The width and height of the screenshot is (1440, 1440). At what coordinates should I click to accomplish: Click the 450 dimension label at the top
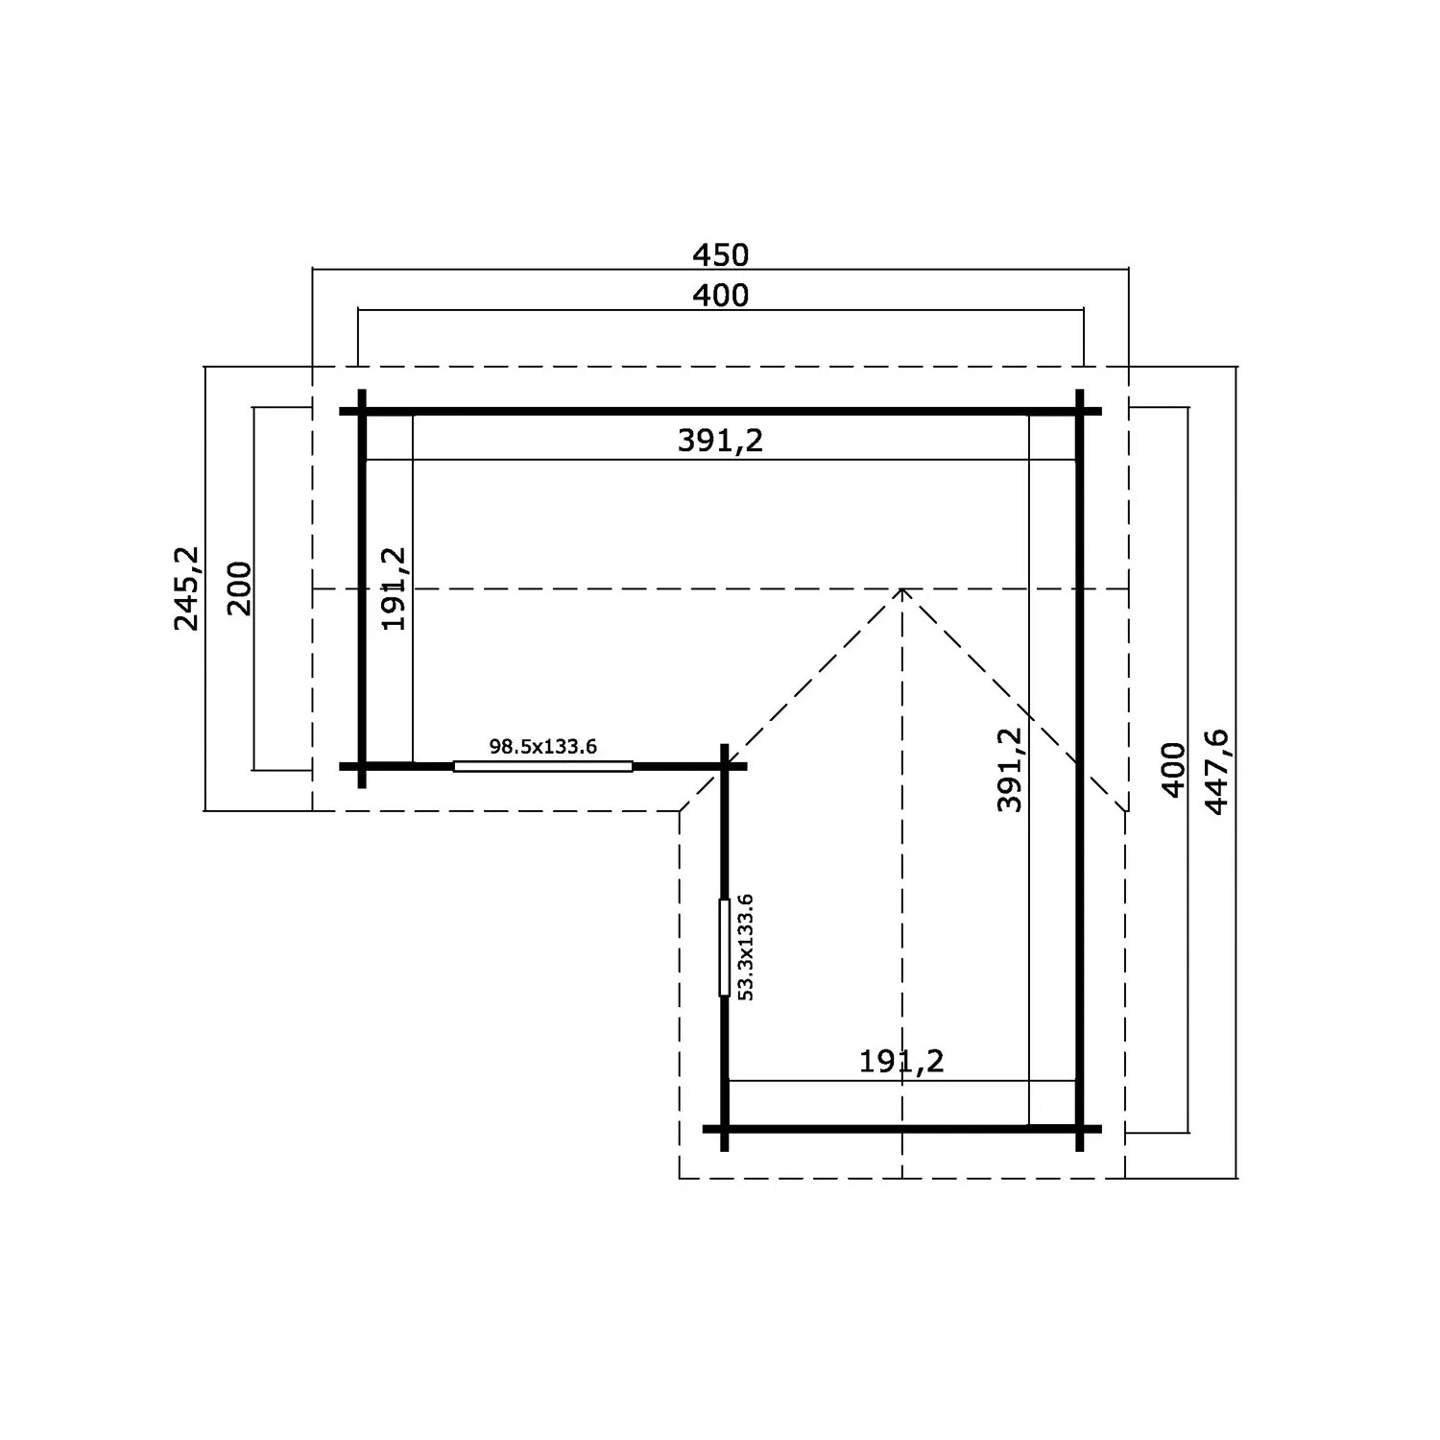click(x=720, y=255)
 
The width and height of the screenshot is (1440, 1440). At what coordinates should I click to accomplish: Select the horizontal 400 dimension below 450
click(x=720, y=296)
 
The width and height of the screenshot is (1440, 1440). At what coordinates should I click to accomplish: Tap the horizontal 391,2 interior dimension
click(x=720, y=441)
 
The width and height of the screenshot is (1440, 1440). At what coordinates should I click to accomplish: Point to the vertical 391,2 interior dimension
click(x=1010, y=769)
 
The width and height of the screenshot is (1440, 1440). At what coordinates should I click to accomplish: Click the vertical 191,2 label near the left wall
click(x=395, y=588)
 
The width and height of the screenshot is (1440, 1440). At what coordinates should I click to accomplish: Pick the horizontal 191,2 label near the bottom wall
click(x=901, y=1062)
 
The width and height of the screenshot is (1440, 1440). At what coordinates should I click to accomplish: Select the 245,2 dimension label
click(x=187, y=588)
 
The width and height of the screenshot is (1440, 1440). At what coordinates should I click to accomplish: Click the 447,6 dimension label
click(x=1216, y=773)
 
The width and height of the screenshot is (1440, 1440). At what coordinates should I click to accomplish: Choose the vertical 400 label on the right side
click(x=1174, y=770)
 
